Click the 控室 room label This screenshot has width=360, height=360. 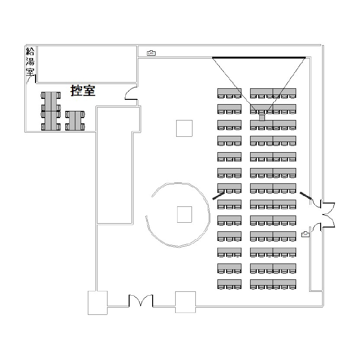tap(83, 90)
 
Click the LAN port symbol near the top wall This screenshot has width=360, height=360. tap(151, 52)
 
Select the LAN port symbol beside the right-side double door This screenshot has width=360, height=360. tap(305, 234)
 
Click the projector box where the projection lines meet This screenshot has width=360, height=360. tap(262, 118)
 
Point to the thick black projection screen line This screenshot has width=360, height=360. tap(259, 58)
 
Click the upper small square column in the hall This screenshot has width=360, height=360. tap(184, 128)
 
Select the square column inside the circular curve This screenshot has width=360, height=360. tap(184, 214)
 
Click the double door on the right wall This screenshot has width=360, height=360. tap(326, 214)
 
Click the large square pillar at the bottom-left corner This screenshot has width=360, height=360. tap(97, 302)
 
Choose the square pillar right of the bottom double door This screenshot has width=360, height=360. tap(185, 302)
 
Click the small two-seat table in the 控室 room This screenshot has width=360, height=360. tap(75, 120)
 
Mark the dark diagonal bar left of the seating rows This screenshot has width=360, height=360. tap(218, 195)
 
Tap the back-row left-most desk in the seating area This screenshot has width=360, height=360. tap(229, 283)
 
